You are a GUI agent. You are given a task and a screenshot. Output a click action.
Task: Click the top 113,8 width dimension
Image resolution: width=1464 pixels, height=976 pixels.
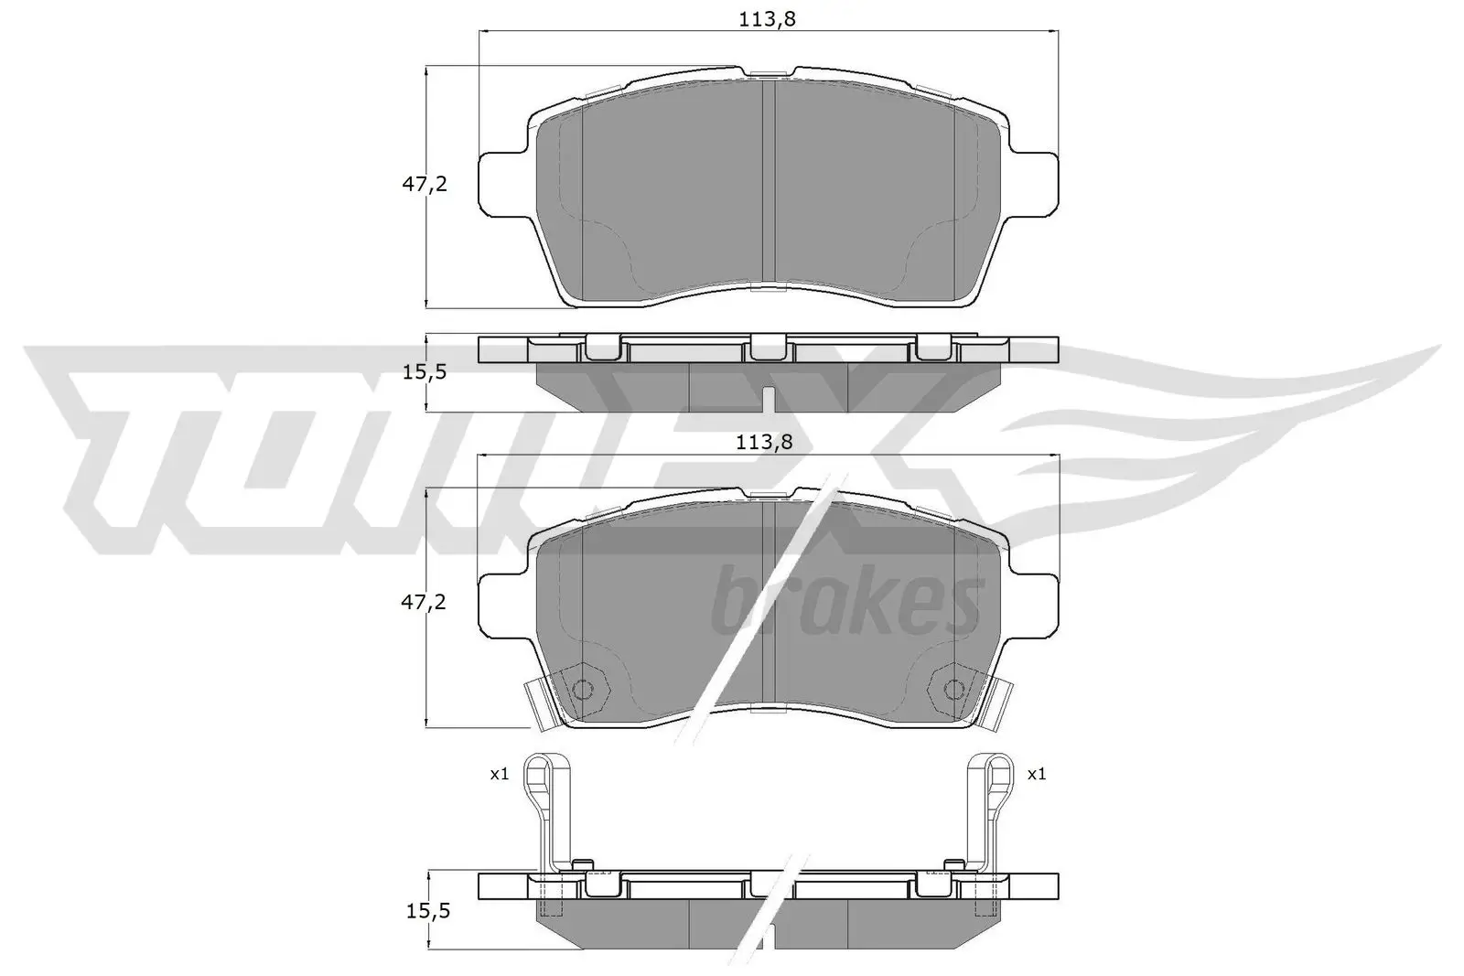[768, 18]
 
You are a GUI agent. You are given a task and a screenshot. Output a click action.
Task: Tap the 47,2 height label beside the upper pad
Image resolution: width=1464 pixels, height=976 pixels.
[425, 184]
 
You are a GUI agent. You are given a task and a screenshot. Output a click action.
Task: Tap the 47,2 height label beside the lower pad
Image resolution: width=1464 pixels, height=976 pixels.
[425, 602]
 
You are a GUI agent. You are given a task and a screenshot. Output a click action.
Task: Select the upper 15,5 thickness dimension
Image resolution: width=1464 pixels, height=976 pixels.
[425, 372]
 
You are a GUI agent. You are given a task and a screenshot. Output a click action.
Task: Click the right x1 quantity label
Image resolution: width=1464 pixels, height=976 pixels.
[1036, 774]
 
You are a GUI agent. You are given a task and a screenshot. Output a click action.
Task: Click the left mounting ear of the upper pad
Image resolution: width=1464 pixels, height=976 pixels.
[502, 183]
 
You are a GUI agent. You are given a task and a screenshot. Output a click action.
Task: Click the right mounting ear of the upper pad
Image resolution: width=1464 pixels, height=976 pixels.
[1035, 183]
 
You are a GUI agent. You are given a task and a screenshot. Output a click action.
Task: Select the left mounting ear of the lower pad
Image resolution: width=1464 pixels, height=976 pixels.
[502, 605]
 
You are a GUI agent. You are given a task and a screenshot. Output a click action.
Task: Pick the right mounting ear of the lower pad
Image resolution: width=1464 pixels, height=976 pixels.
[1035, 605]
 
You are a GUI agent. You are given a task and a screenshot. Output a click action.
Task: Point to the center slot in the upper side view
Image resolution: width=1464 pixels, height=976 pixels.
[768, 400]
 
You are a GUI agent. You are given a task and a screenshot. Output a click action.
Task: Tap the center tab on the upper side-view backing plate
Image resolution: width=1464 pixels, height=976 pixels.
[768, 347]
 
